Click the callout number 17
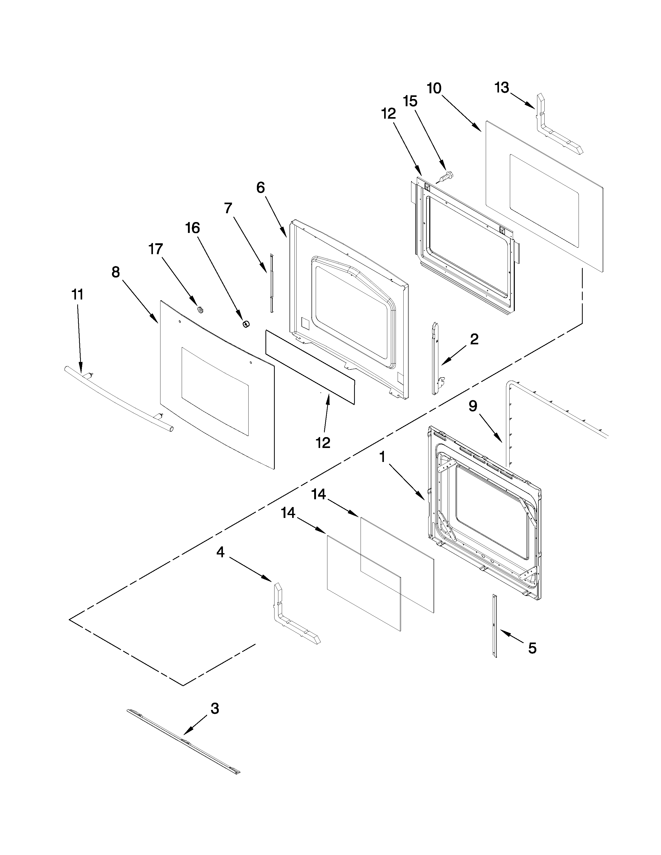[x=156, y=249]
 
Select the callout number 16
[x=193, y=228]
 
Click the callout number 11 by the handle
[x=77, y=294]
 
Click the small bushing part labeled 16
[x=245, y=323]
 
